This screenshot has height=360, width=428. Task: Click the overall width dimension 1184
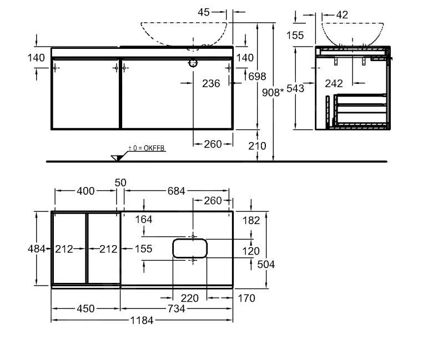[142, 320]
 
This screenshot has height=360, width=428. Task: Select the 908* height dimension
[273, 93]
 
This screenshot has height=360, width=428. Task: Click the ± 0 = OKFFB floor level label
[147, 148]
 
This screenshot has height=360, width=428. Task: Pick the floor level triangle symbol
[117, 158]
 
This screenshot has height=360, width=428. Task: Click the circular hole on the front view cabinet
[193, 63]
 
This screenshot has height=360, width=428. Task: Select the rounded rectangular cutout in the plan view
[190, 248]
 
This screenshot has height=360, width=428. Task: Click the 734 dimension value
[177, 308]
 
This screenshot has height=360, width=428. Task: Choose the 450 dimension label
[85, 308]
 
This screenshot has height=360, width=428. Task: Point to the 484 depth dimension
[36, 249]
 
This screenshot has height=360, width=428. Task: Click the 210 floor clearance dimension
[257, 146]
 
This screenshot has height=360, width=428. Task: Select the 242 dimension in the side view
[334, 84]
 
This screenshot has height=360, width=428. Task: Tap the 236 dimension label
[211, 84]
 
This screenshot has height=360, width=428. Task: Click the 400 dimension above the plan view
[85, 191]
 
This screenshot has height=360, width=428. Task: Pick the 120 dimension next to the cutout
[251, 251]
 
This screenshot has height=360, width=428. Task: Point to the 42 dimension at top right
[342, 15]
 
